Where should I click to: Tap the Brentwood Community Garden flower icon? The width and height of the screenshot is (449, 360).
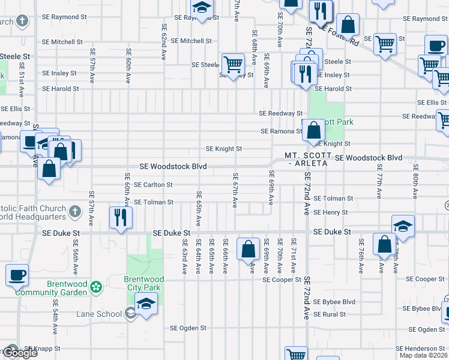96,288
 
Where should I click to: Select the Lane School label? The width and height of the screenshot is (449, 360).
99,313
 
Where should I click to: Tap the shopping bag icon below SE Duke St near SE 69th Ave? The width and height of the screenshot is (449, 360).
248,249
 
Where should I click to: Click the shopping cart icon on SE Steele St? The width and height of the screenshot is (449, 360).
232,64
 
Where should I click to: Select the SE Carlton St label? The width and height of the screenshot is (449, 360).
153,185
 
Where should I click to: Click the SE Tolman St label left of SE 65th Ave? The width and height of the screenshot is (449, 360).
153,203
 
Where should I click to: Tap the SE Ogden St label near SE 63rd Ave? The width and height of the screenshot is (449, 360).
188,328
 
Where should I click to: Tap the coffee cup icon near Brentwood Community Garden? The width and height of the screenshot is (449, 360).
17,275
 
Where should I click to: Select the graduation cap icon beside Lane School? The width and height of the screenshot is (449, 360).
145,304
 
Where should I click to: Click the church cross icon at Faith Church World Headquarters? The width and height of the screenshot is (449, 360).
74,211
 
